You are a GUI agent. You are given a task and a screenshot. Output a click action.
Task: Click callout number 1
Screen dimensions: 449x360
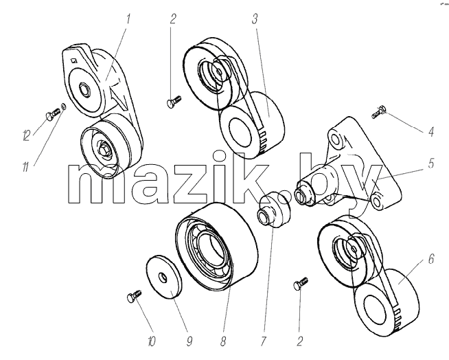pyautogui.click(x=128, y=19)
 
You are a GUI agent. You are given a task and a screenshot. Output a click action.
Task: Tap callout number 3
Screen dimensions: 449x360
pyautogui.click(x=255, y=19)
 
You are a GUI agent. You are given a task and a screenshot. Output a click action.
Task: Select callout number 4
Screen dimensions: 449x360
pyautogui.click(x=431, y=131)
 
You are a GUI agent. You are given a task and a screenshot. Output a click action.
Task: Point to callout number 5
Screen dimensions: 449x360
pyautogui.click(x=431, y=163)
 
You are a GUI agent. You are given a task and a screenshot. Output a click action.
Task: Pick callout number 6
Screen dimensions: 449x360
pyautogui.click(x=431, y=259)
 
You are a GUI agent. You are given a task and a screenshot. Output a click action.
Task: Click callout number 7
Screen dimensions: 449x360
pyautogui.click(x=264, y=341)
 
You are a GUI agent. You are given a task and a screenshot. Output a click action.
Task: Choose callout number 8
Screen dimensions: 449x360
pyautogui.click(x=223, y=341)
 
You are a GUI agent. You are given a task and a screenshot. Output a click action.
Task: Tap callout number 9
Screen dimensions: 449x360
pyautogui.click(x=189, y=341)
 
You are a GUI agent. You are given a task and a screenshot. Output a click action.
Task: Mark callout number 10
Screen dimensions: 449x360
pyautogui.click(x=152, y=341)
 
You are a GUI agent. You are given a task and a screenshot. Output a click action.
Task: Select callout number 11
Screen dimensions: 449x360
pyautogui.click(x=26, y=166)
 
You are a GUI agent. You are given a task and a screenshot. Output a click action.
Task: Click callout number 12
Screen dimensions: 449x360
pyautogui.click(x=26, y=135)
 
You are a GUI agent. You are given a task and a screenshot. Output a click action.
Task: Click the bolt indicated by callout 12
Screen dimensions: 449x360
pyautogui.click(x=52, y=113)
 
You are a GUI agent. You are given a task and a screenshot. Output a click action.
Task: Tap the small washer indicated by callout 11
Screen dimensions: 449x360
pyautogui.click(x=65, y=106)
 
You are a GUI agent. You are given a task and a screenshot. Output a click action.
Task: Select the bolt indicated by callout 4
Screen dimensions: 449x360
pyautogui.click(x=379, y=112)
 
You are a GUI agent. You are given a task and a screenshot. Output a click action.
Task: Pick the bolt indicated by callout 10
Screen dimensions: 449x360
pyautogui.click(x=134, y=295)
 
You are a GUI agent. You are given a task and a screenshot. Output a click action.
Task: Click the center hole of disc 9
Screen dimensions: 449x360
pyautogui.click(x=163, y=277)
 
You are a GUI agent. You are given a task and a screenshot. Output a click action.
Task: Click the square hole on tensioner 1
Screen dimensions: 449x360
pyautogui.click(x=74, y=60)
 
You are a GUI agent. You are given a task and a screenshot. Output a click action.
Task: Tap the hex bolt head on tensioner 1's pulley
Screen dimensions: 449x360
pyautogui.click(x=104, y=149)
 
